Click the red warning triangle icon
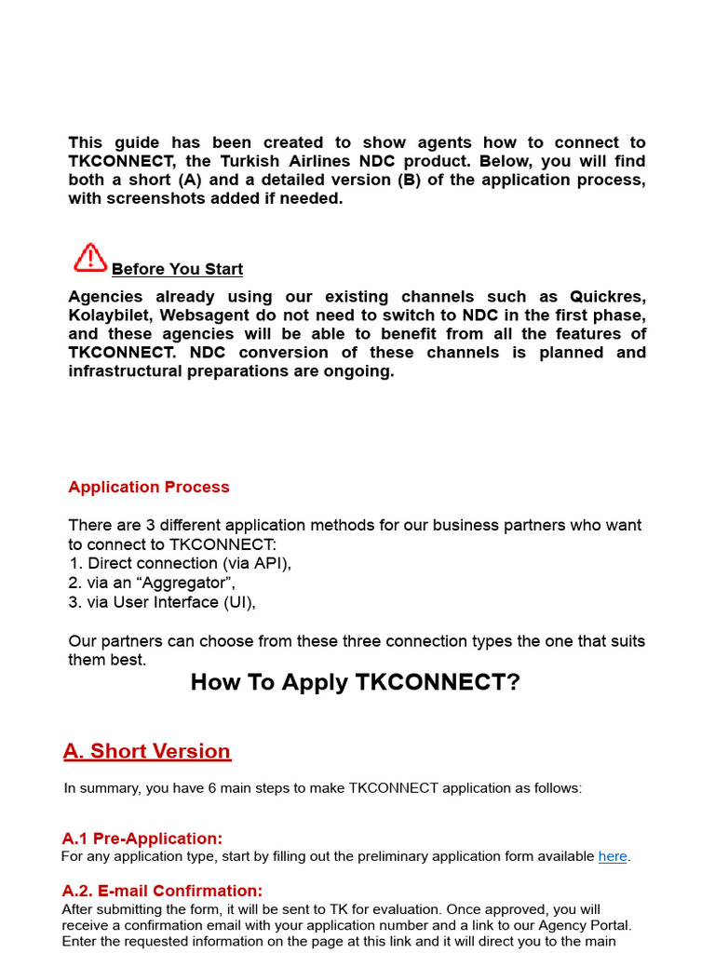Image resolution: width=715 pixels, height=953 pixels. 90,258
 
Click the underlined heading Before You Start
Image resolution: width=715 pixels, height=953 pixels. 177,269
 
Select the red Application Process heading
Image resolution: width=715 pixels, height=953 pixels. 149,487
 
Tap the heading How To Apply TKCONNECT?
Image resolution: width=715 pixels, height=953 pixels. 356,682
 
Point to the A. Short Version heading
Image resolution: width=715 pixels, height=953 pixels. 147,751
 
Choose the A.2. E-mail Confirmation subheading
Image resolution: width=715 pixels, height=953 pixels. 162,891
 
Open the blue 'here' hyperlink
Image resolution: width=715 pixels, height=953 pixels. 613,856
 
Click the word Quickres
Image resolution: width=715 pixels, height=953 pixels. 607,297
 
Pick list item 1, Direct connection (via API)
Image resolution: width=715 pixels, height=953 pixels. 180,563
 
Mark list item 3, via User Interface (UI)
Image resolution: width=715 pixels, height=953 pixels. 162,602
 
